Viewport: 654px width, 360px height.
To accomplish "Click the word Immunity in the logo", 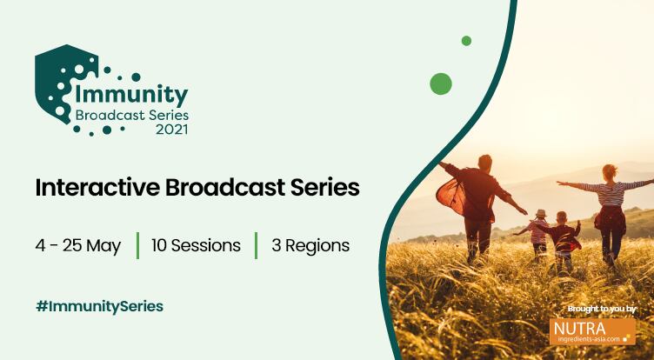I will click(131, 93).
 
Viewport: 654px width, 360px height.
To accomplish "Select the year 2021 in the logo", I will click(170, 130).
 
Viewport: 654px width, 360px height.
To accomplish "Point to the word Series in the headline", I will click(323, 188).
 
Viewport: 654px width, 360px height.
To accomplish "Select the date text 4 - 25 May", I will click(77, 245).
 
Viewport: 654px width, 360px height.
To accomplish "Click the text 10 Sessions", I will click(196, 245).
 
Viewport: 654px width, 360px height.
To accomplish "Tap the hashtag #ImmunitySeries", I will click(99, 306).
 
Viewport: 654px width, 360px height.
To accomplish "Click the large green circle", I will click(441, 83).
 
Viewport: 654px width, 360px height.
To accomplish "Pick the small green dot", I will click(466, 41).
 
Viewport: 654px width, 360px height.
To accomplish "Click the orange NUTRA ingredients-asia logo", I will click(592, 331).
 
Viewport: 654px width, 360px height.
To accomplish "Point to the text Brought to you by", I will click(601, 309).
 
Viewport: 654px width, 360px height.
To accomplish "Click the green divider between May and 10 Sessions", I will click(137, 245).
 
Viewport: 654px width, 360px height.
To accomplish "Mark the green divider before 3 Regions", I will click(256, 245).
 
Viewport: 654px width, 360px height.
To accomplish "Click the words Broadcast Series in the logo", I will click(131, 114).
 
